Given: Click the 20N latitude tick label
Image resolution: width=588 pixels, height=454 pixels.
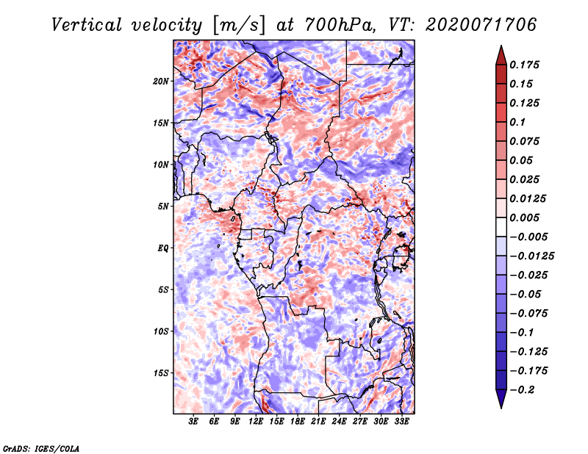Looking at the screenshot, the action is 161,82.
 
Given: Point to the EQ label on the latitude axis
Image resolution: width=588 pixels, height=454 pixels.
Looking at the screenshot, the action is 163,248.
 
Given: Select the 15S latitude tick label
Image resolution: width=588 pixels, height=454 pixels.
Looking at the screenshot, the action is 161,373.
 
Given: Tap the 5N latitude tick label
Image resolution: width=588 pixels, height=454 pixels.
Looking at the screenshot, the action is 163,206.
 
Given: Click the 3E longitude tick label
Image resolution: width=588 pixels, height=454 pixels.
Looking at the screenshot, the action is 193,421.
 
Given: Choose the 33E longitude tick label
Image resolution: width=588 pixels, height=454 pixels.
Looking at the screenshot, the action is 401,421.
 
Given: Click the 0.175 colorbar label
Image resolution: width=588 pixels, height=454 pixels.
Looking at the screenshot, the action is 524,65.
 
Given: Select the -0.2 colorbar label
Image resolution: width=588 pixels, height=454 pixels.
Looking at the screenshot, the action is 522,390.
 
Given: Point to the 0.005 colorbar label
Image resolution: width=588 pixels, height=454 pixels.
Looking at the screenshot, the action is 524,217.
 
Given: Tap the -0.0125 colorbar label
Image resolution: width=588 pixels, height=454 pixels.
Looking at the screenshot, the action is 531,256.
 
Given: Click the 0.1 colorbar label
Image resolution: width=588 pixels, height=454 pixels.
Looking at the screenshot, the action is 517,122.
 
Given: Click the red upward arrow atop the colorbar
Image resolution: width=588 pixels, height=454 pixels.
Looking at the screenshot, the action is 501,56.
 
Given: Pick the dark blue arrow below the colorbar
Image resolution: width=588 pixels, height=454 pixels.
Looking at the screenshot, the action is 501,399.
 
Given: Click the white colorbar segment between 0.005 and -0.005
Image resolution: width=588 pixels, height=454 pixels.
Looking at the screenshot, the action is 501,227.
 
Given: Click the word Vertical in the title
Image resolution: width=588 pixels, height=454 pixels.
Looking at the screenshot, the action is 87,25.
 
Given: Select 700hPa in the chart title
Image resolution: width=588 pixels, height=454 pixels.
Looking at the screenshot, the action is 340,25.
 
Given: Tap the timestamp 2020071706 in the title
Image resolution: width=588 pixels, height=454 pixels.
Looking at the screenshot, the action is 481,25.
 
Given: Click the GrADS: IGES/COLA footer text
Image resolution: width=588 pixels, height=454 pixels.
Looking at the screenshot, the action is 41,448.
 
